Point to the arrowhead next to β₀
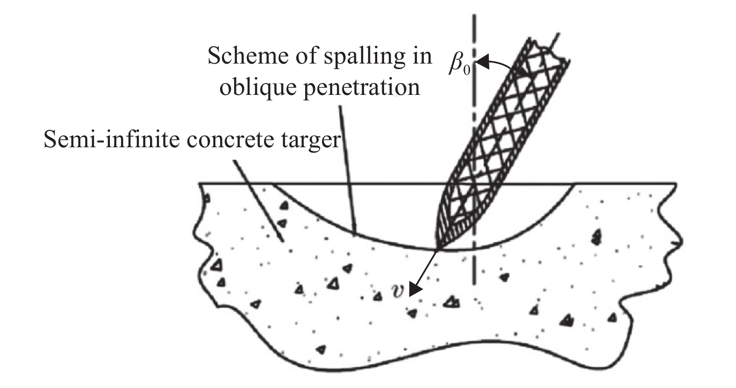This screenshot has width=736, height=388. pos(483,62)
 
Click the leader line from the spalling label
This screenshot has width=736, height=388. pos(348,168)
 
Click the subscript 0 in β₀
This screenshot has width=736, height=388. pos(466,71)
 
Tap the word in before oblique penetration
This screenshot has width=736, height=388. pos(422,57)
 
